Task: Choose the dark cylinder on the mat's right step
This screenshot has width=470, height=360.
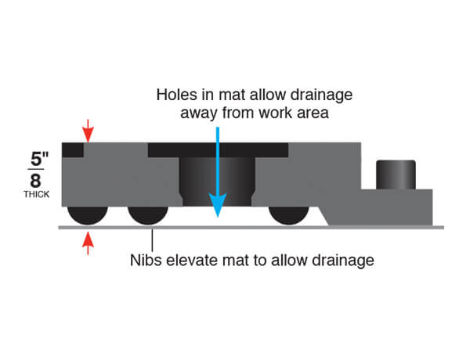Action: (x=396, y=175)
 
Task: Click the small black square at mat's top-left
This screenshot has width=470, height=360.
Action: (x=75, y=149)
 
